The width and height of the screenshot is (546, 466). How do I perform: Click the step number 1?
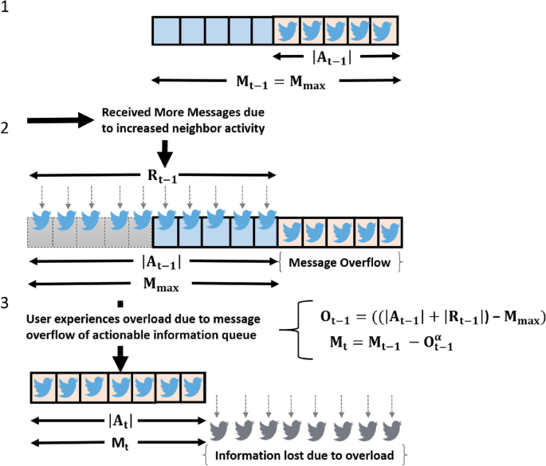coord(6,13)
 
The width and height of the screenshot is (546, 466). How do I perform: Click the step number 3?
coord(6,303)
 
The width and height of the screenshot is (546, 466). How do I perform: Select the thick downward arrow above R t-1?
coord(164,151)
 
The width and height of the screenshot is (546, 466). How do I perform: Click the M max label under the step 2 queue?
coord(152,282)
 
